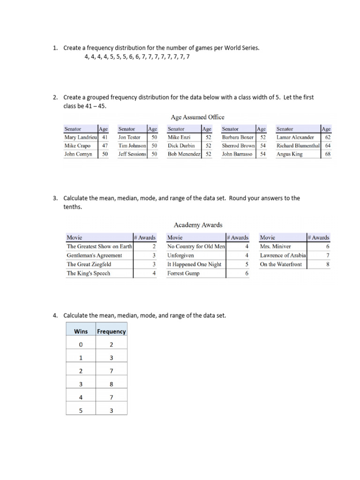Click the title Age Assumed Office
(x=198, y=117)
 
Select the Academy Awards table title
(x=198, y=225)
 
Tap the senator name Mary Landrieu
(x=80, y=137)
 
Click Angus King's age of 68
(x=328, y=154)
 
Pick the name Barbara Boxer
(x=238, y=137)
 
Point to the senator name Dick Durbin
(x=181, y=146)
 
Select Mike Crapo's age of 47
(x=105, y=146)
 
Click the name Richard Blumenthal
(x=298, y=146)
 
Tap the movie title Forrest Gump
(x=183, y=273)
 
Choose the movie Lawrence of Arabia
(x=283, y=255)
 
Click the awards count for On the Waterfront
(x=328, y=264)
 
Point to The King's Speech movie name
(x=89, y=273)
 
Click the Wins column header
(x=81, y=331)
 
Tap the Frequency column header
(x=111, y=331)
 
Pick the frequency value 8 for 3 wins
(x=111, y=384)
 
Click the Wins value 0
(x=81, y=345)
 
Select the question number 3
(x=55, y=198)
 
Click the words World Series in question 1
(x=242, y=48)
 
